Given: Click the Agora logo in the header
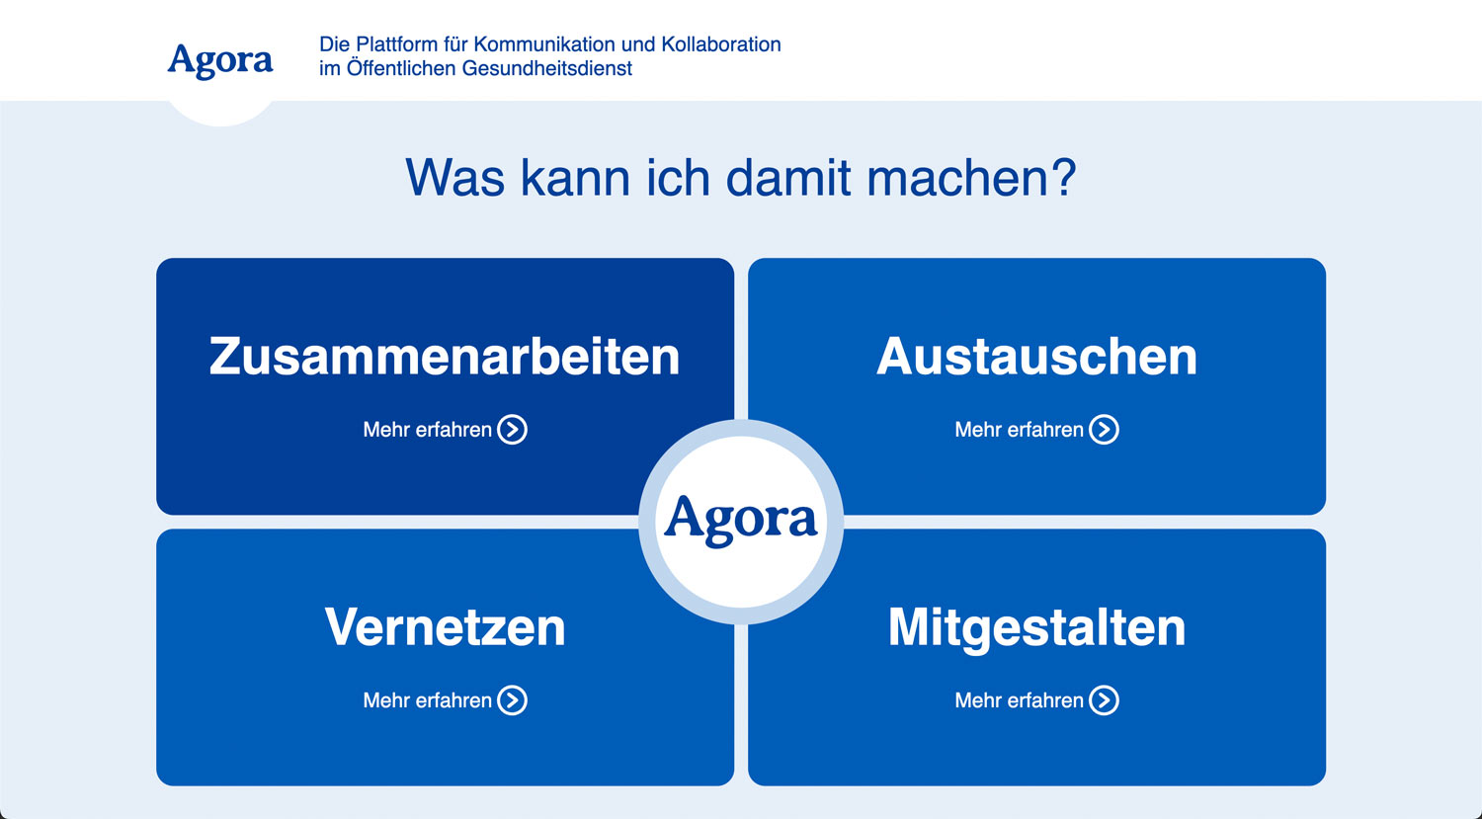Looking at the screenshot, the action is click(219, 61).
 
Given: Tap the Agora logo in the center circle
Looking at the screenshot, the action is click(740, 521).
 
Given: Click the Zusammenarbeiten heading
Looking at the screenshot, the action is click(445, 357).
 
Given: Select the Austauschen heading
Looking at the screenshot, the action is click(1036, 357).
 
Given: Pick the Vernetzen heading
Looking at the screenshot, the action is click(445, 627).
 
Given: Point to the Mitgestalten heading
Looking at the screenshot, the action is click(1036, 628).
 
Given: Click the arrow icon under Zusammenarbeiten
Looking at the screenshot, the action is click(513, 430).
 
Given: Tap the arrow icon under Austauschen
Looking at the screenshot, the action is click(1105, 430).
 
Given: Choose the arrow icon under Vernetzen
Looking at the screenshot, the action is click(513, 700).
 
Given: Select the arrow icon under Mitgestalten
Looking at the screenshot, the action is click(1105, 700).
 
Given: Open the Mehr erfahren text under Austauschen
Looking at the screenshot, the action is click(1019, 430).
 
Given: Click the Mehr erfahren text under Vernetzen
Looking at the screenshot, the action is click(428, 700).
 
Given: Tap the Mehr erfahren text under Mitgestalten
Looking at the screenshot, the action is click(1019, 700).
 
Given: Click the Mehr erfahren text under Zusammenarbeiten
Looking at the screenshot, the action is click(428, 430).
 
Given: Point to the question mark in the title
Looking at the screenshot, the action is click(1063, 177).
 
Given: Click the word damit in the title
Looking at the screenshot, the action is click(788, 177).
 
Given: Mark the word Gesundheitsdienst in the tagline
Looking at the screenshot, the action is click(546, 68).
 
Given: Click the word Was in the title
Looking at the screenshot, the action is click(454, 177).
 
